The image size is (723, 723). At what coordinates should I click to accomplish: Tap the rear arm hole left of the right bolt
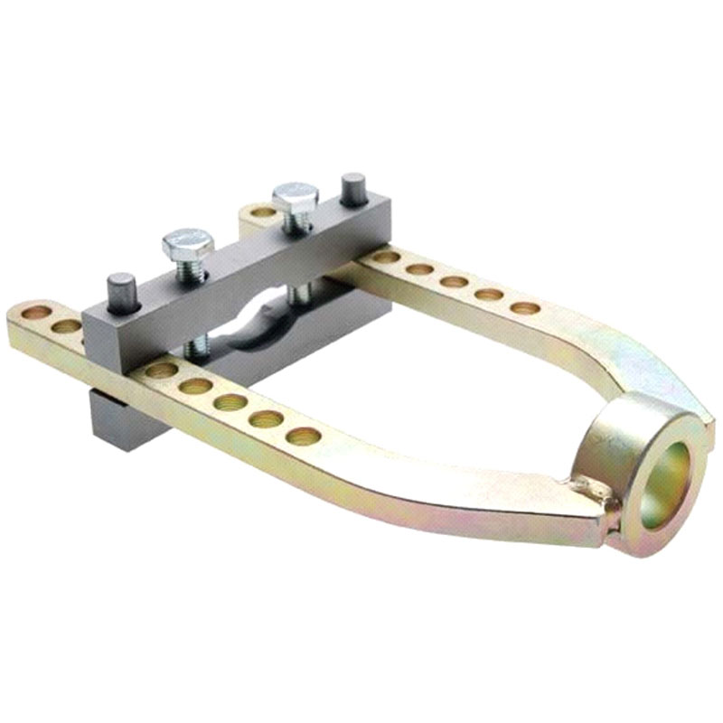(x=261, y=213)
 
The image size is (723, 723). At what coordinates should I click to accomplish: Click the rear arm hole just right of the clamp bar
(x=386, y=258)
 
